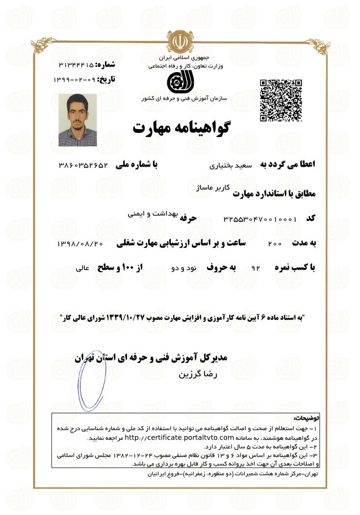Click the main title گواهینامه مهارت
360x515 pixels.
click(181, 128)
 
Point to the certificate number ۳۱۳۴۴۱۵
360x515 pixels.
click(76, 65)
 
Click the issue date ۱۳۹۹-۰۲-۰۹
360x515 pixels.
click(74, 79)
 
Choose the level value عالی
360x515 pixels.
click(82, 269)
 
